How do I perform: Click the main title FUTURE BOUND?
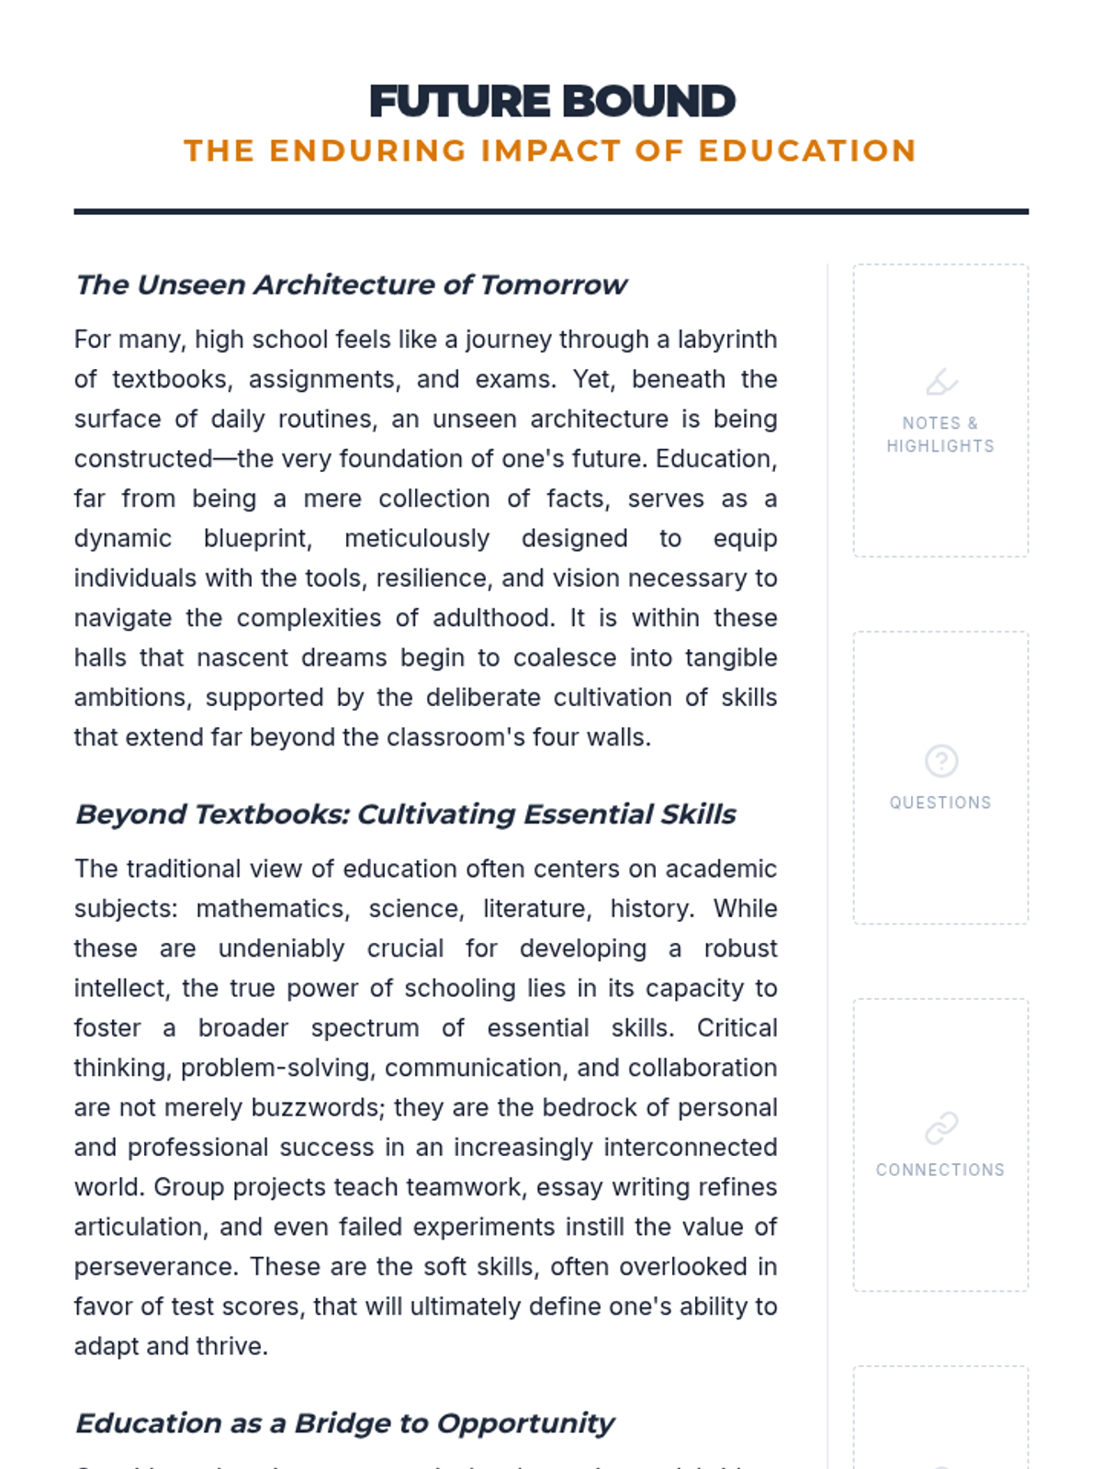(x=552, y=102)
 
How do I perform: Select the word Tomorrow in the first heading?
(x=553, y=285)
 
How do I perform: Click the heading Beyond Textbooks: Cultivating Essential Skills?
(x=405, y=814)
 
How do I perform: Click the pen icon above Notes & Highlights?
(x=941, y=382)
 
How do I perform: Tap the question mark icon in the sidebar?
(x=941, y=761)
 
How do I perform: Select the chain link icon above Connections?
(x=941, y=1127)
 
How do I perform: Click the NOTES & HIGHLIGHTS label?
(x=940, y=434)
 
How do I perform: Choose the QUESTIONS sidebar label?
(x=940, y=802)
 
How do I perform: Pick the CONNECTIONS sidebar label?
(x=940, y=1170)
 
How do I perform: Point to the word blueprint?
(x=257, y=538)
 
